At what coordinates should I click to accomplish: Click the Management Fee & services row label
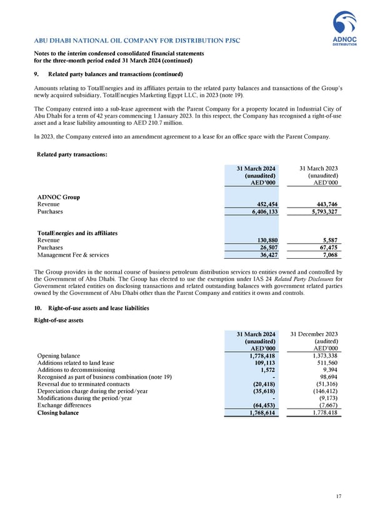pos(73,255)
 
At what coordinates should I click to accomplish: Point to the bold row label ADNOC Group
pos(59,196)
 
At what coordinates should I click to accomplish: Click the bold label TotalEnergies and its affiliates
pos(77,232)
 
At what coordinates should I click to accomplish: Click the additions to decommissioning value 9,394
pos(331,372)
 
